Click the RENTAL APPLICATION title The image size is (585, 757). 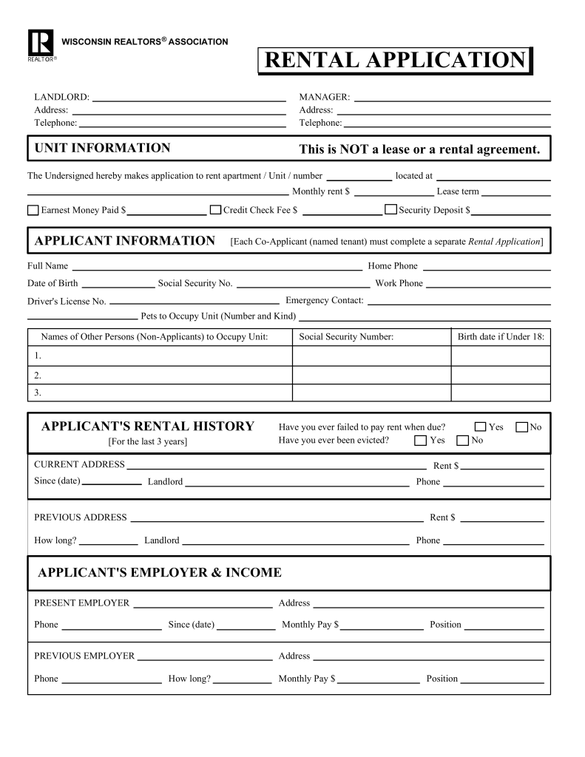click(x=394, y=61)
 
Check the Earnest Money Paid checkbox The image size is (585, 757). click(x=33, y=210)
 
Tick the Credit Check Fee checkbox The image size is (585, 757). click(x=216, y=210)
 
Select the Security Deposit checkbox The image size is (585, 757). click(x=390, y=209)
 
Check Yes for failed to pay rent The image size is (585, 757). click(x=481, y=427)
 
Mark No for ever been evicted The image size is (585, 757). click(x=463, y=441)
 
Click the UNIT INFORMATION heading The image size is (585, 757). click(x=102, y=148)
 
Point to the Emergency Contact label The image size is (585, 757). click(x=324, y=300)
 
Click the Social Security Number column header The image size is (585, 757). click(x=345, y=337)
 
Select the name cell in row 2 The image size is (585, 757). click(x=160, y=375)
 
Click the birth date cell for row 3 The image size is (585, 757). click(x=501, y=393)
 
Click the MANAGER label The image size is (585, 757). click(x=324, y=97)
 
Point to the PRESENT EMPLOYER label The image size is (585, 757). click(x=81, y=603)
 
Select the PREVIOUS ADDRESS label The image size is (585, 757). click(x=81, y=517)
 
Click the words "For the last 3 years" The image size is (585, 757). click(x=148, y=441)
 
